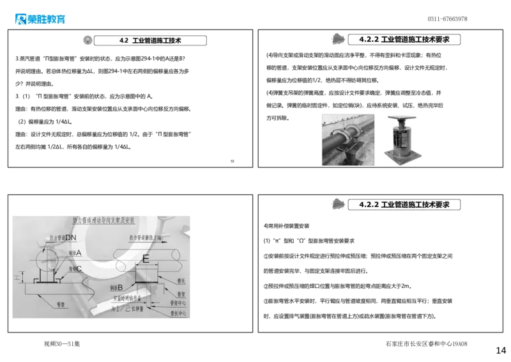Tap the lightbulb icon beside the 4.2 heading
[87, 40]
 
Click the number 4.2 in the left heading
[125, 40]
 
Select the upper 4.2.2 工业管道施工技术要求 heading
[404, 40]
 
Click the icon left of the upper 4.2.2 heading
[337, 39]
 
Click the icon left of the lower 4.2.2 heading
[337, 203]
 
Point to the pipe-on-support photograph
[348, 140]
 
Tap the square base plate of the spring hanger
[403, 160]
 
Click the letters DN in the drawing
[71, 238]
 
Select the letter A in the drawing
[79, 253]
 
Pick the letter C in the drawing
[79, 269]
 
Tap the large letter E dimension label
[146, 260]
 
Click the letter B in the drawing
[119, 287]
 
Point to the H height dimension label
[17, 278]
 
